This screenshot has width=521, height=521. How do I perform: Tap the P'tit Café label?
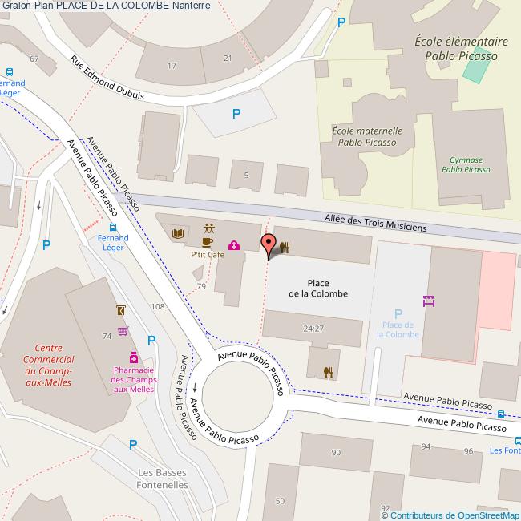coord(208,255)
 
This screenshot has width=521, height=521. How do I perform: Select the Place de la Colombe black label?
coord(318,288)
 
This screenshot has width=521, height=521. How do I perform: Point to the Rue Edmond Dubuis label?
coord(107,78)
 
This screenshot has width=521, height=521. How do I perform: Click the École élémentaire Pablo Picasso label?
coord(461,49)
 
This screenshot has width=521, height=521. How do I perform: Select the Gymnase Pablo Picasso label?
coord(466,164)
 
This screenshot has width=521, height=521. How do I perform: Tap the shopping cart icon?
coord(123,330)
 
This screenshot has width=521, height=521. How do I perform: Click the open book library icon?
coord(179,233)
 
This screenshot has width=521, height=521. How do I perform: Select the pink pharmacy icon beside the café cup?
coord(233,245)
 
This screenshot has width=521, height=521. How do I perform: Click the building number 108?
coord(157,307)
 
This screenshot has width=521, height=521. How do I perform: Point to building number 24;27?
coord(313,329)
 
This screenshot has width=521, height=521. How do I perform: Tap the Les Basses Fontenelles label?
coord(163,479)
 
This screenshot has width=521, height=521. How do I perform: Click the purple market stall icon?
coord(428,301)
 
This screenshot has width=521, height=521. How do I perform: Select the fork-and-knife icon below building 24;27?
coord(328,371)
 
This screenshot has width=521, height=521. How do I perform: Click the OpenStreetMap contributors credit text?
coord(450,515)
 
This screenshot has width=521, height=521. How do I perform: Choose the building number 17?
coord(172,65)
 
